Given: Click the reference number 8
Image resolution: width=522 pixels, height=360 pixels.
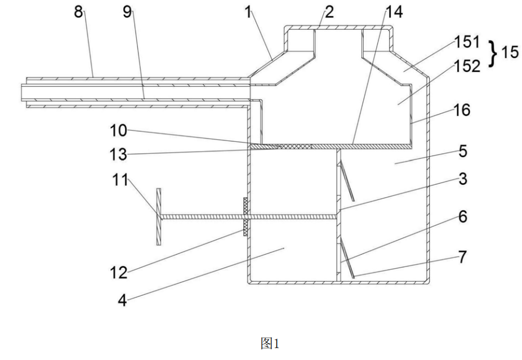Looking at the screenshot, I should [78, 12].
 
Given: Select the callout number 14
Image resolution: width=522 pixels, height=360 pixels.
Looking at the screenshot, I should [394, 12].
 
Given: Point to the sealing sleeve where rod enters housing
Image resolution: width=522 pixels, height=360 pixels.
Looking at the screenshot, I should [246, 217].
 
